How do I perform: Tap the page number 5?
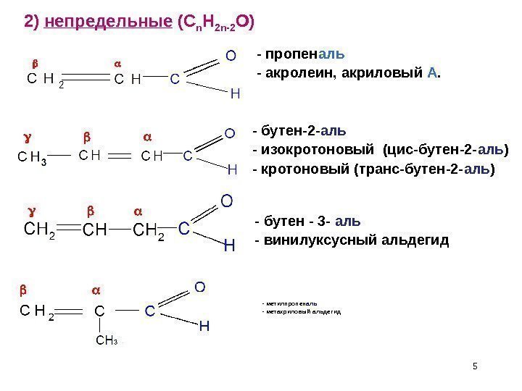tap(475, 364)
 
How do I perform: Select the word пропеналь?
tap(304, 55)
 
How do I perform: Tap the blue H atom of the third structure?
tap(229, 246)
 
